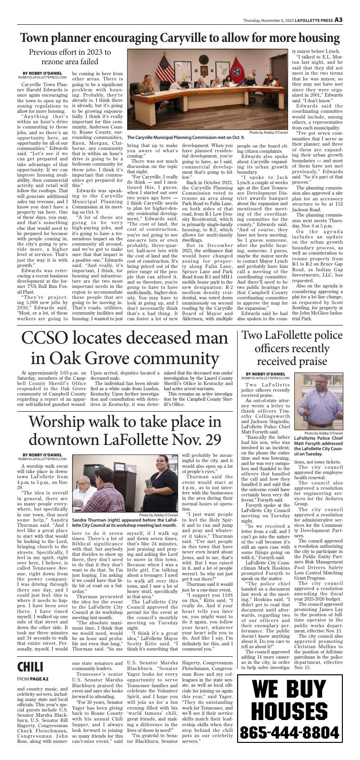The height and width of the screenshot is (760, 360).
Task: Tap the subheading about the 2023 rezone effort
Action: click(70, 57)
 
